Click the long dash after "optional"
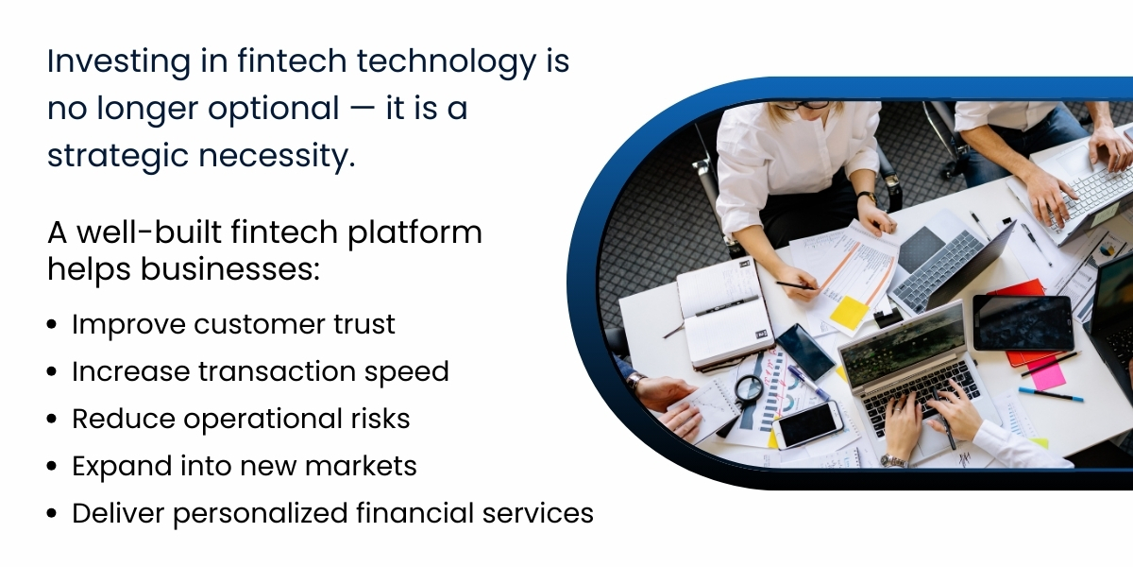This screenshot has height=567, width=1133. [x=360, y=110]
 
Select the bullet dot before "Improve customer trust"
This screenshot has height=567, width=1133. [x=53, y=326]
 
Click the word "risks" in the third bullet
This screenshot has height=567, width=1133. [x=379, y=419]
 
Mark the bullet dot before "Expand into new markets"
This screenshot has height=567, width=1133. [x=53, y=468]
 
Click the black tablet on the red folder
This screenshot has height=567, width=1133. [x=1023, y=322]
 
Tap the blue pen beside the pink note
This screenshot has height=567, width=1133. [x=1050, y=394]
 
